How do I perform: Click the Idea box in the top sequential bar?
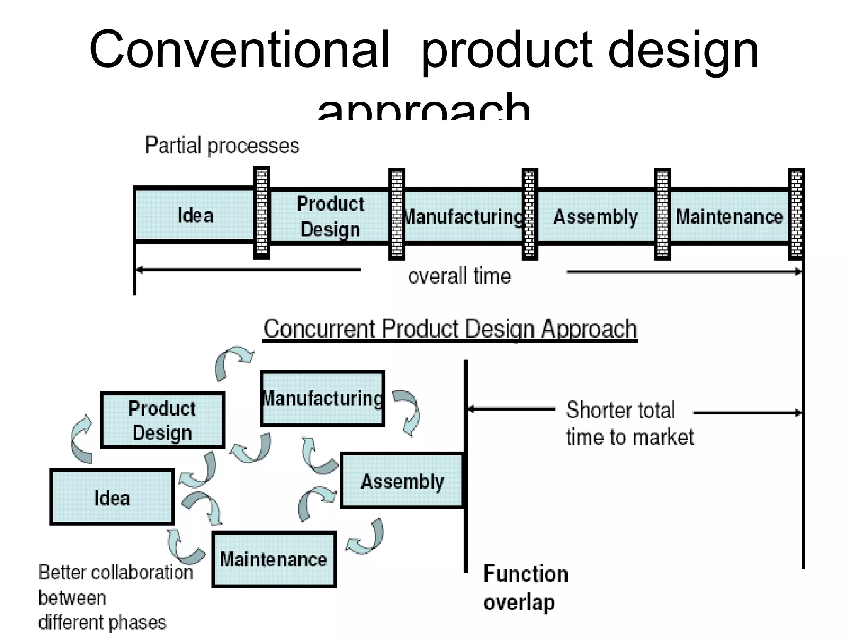pos(195,215)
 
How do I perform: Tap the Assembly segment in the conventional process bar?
pos(595,216)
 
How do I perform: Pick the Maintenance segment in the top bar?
pos(729,216)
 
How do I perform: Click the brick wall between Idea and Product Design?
pos(262,213)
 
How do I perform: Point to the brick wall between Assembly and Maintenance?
pos(662,214)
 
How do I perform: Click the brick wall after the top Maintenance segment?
pos(796,214)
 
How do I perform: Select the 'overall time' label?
pos(459,276)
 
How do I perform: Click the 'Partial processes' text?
pos(222,146)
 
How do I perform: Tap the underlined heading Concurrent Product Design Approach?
pos(450,329)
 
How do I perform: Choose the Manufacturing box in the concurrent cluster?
pos(323,399)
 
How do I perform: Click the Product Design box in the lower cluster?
pos(163,420)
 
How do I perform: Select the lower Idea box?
pos(112,497)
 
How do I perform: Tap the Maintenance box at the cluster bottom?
pos(274,559)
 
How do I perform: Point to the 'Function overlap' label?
pos(525,588)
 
